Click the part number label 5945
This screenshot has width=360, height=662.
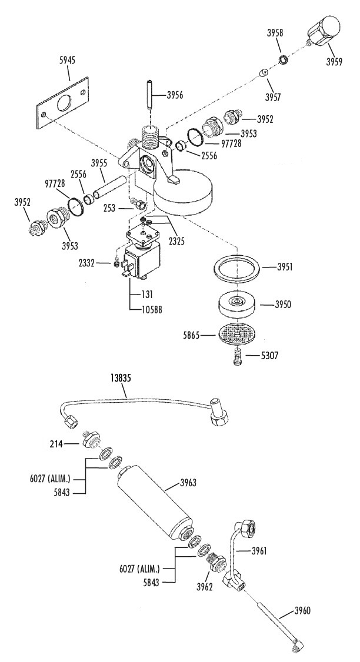pos(67,61)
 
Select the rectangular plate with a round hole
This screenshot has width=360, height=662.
pos(62,104)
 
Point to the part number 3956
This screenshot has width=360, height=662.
pos(175,95)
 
